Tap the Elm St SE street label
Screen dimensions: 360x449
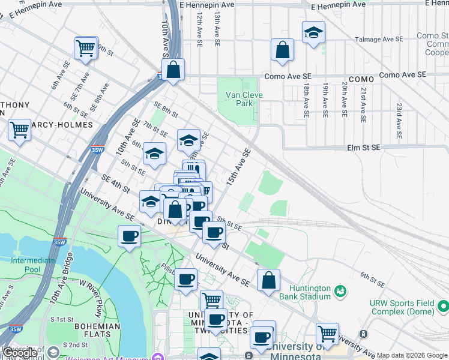click(364, 147)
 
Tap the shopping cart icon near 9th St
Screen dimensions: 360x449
click(86, 47)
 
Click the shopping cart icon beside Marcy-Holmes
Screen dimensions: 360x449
click(20, 129)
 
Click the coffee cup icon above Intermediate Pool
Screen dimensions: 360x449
click(128, 236)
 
